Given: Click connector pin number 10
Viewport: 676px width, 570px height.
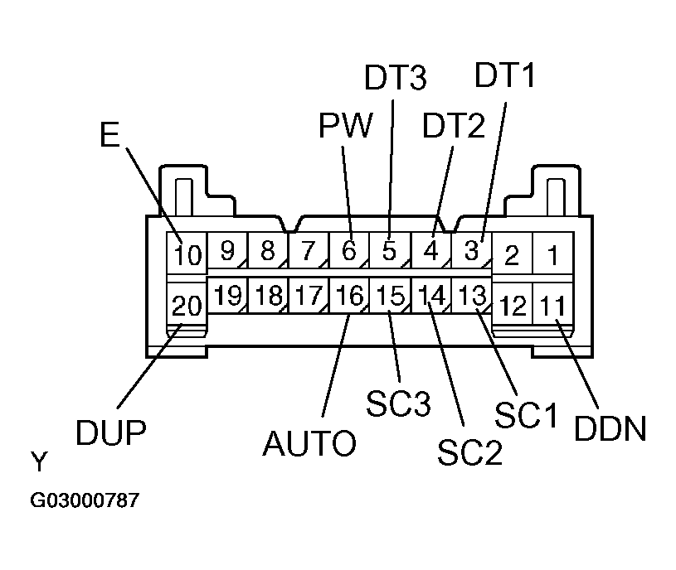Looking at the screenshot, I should coord(188,253).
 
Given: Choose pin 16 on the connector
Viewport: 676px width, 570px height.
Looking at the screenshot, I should coord(349,296).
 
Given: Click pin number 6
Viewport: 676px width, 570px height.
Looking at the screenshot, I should coord(349,249).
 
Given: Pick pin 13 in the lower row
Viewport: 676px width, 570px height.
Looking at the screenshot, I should coord(471,296).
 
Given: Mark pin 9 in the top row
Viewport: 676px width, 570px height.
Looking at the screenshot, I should coord(226,249).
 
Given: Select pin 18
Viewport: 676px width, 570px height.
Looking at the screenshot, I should coord(267,296).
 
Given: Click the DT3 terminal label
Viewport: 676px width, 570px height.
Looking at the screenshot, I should coord(396,79).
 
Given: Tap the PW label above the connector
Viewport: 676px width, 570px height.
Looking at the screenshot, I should coord(345,126).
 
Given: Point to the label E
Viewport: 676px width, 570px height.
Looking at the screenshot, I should coord(109,135).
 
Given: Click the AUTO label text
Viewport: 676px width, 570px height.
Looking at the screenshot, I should coord(309,444).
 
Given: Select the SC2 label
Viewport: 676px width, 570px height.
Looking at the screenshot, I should coord(469,454).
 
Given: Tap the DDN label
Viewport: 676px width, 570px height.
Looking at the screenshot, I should coord(610,429).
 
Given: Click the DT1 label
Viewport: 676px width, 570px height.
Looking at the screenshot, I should coord(505,75).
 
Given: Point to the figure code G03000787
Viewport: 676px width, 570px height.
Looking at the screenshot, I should coord(85,501).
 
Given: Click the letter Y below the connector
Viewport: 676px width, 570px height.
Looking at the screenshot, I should coord(39,462).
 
